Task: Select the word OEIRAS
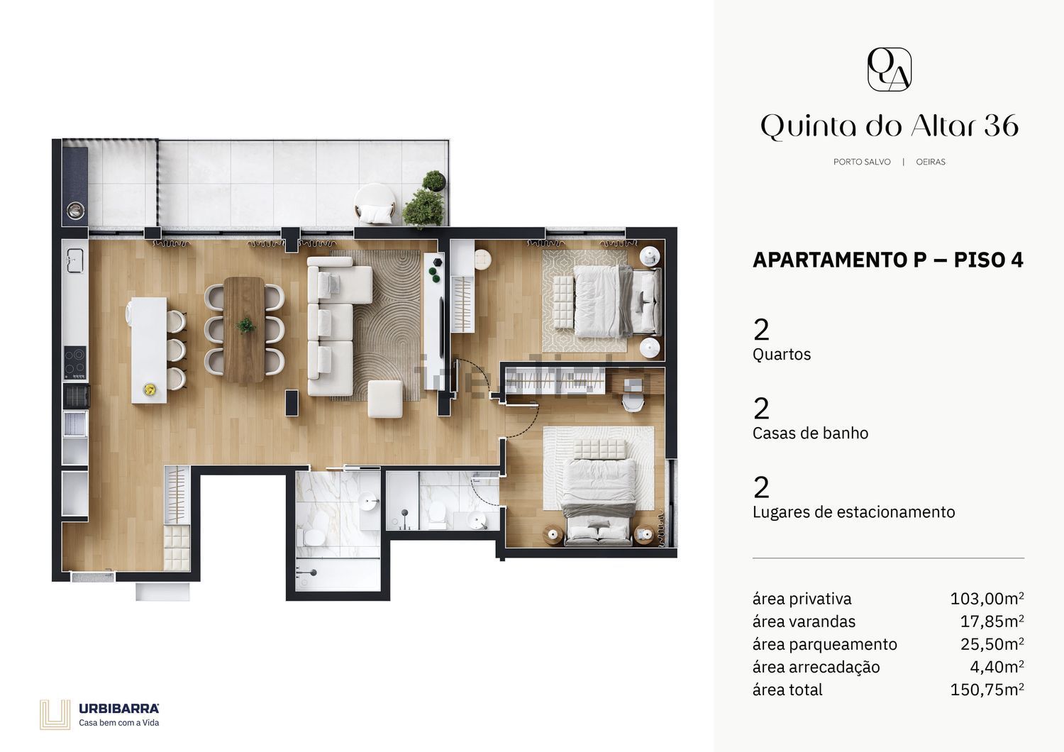pyautogui.click(x=931, y=162)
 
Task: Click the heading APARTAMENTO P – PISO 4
pyautogui.click(x=888, y=260)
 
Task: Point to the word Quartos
pyautogui.click(x=782, y=355)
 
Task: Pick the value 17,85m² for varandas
pyautogui.click(x=992, y=621)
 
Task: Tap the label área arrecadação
pyautogui.click(x=816, y=668)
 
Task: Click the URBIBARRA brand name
pyautogui.click(x=118, y=709)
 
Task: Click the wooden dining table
pyautogui.click(x=244, y=330)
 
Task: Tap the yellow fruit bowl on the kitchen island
pyautogui.click(x=150, y=389)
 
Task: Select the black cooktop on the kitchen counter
pyautogui.click(x=75, y=363)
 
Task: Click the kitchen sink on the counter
pyautogui.click(x=75, y=260)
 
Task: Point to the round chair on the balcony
pyautogui.click(x=375, y=204)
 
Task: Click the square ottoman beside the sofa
pyautogui.click(x=385, y=399)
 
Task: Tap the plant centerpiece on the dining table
pyautogui.click(x=246, y=326)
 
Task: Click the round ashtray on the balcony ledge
pyautogui.click(x=75, y=209)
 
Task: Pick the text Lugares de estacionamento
pyautogui.click(x=853, y=512)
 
